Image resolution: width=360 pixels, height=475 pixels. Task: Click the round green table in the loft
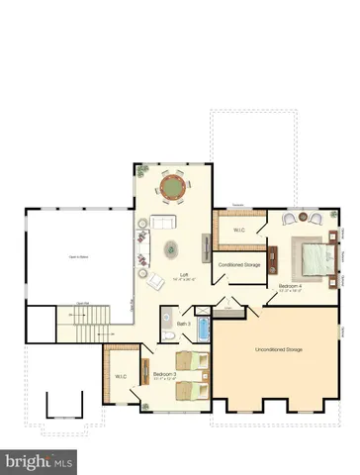(x=172, y=185)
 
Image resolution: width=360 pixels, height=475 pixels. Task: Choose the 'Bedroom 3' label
(x=164, y=373)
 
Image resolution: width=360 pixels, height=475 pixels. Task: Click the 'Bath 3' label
(x=183, y=324)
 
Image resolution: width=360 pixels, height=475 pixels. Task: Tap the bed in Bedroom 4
(x=316, y=259)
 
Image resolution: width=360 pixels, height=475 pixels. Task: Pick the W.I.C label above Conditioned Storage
(x=239, y=231)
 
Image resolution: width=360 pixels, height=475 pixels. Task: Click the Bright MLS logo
(x=40, y=461)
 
